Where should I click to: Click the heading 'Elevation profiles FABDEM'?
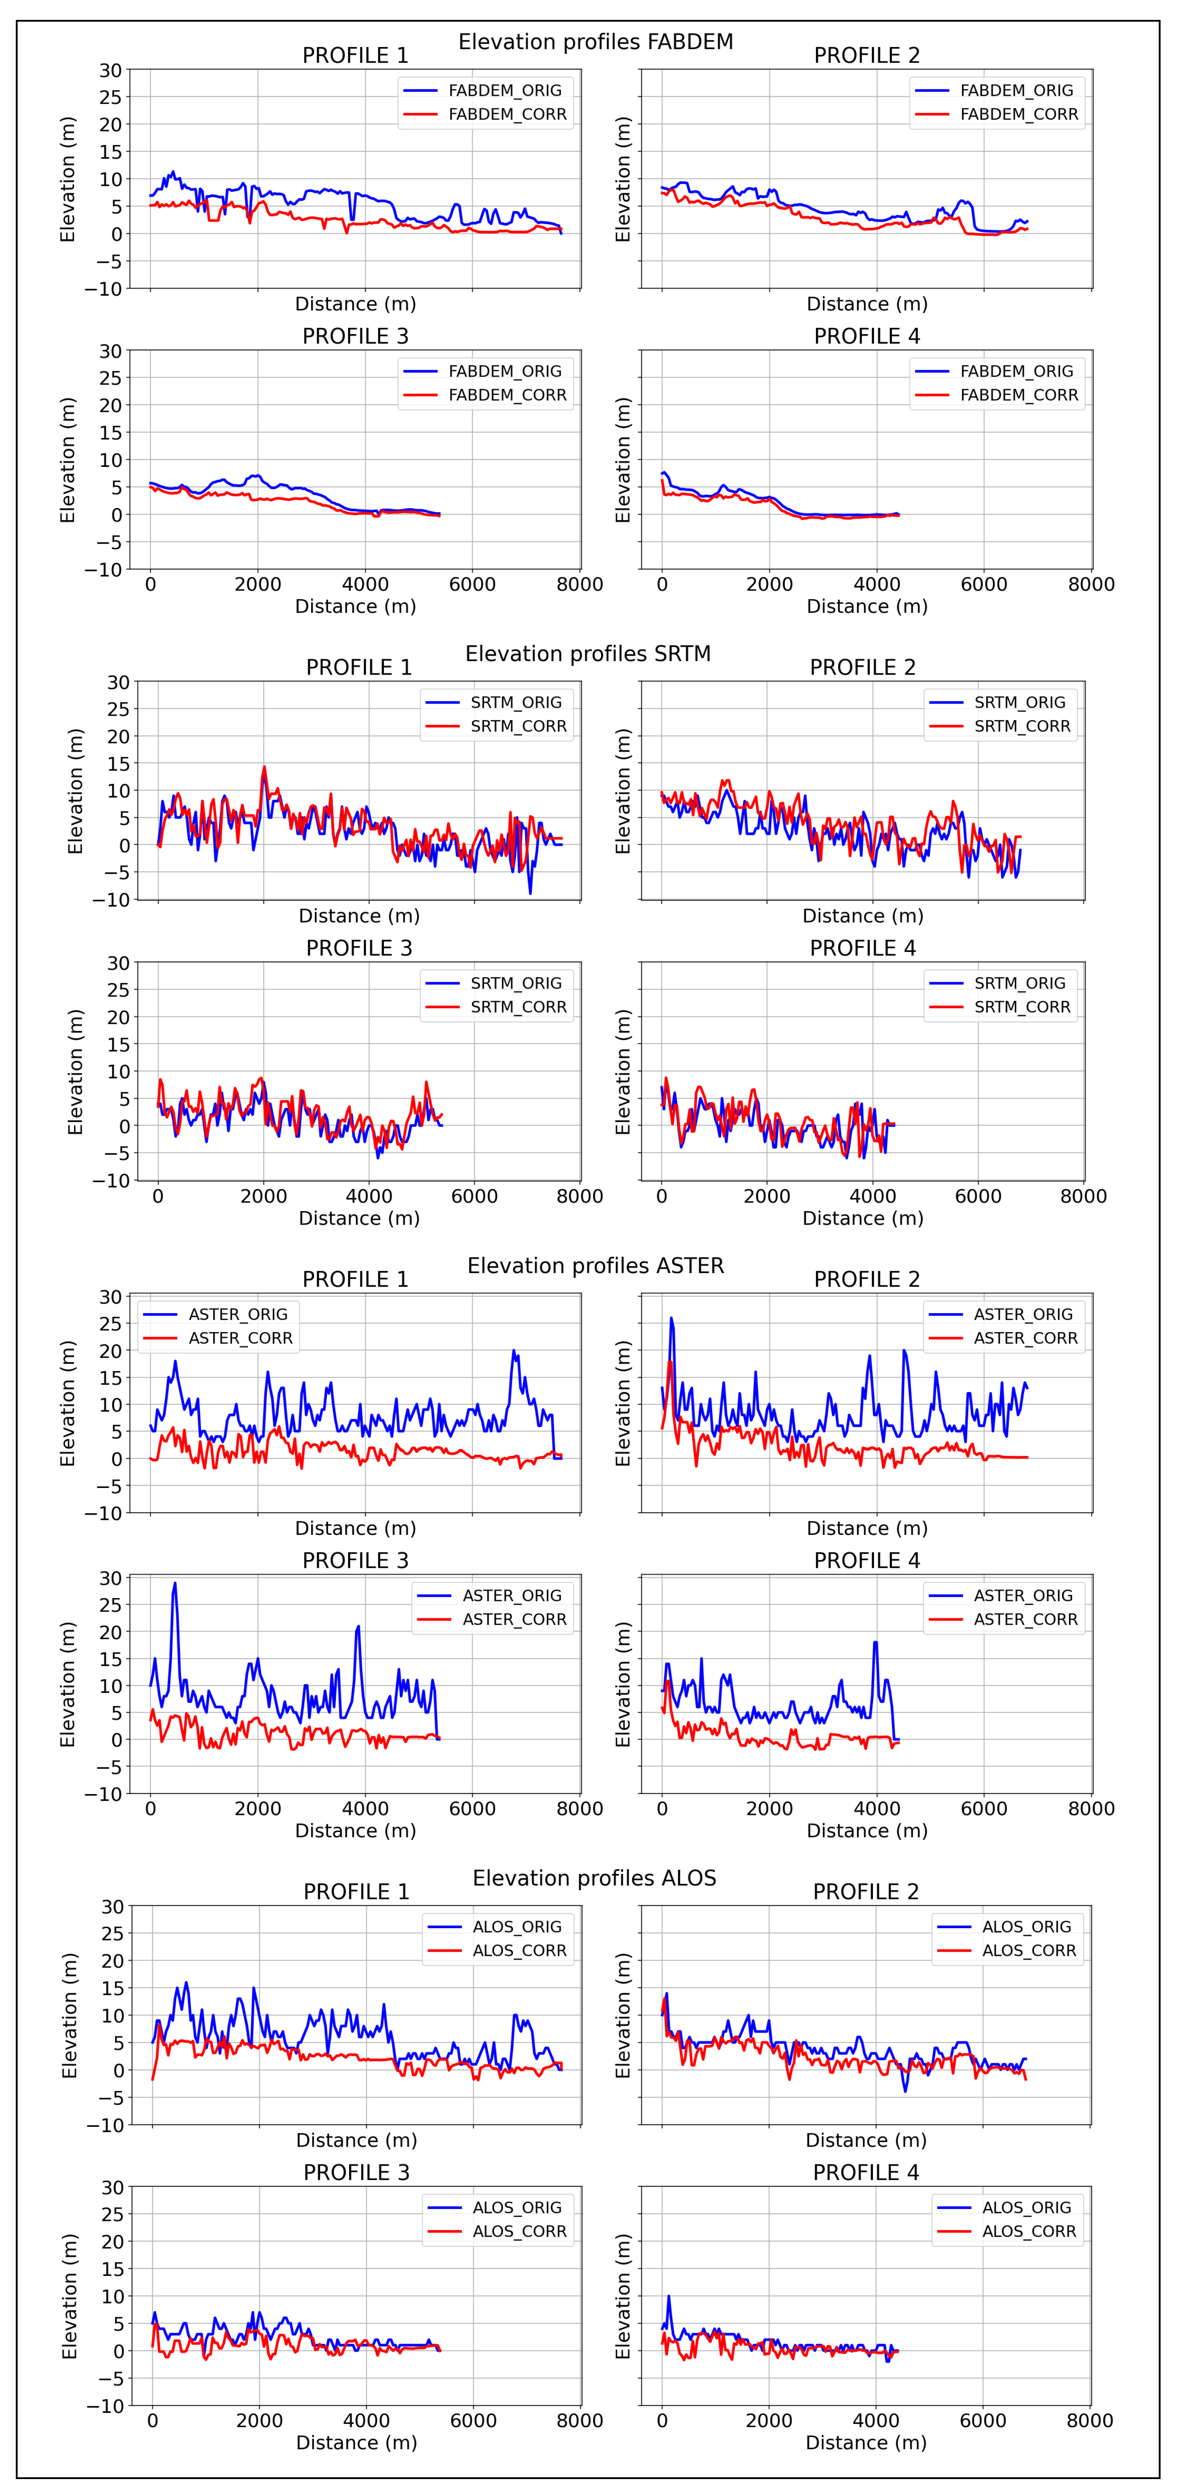595,42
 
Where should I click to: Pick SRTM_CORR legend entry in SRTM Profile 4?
1021,1007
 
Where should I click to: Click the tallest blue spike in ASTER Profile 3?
175,1584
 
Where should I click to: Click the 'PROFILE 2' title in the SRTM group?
862,668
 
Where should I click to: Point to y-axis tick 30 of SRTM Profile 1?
118,682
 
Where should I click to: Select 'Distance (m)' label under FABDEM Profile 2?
867,304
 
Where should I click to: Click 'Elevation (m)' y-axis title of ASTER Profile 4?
623,1684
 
